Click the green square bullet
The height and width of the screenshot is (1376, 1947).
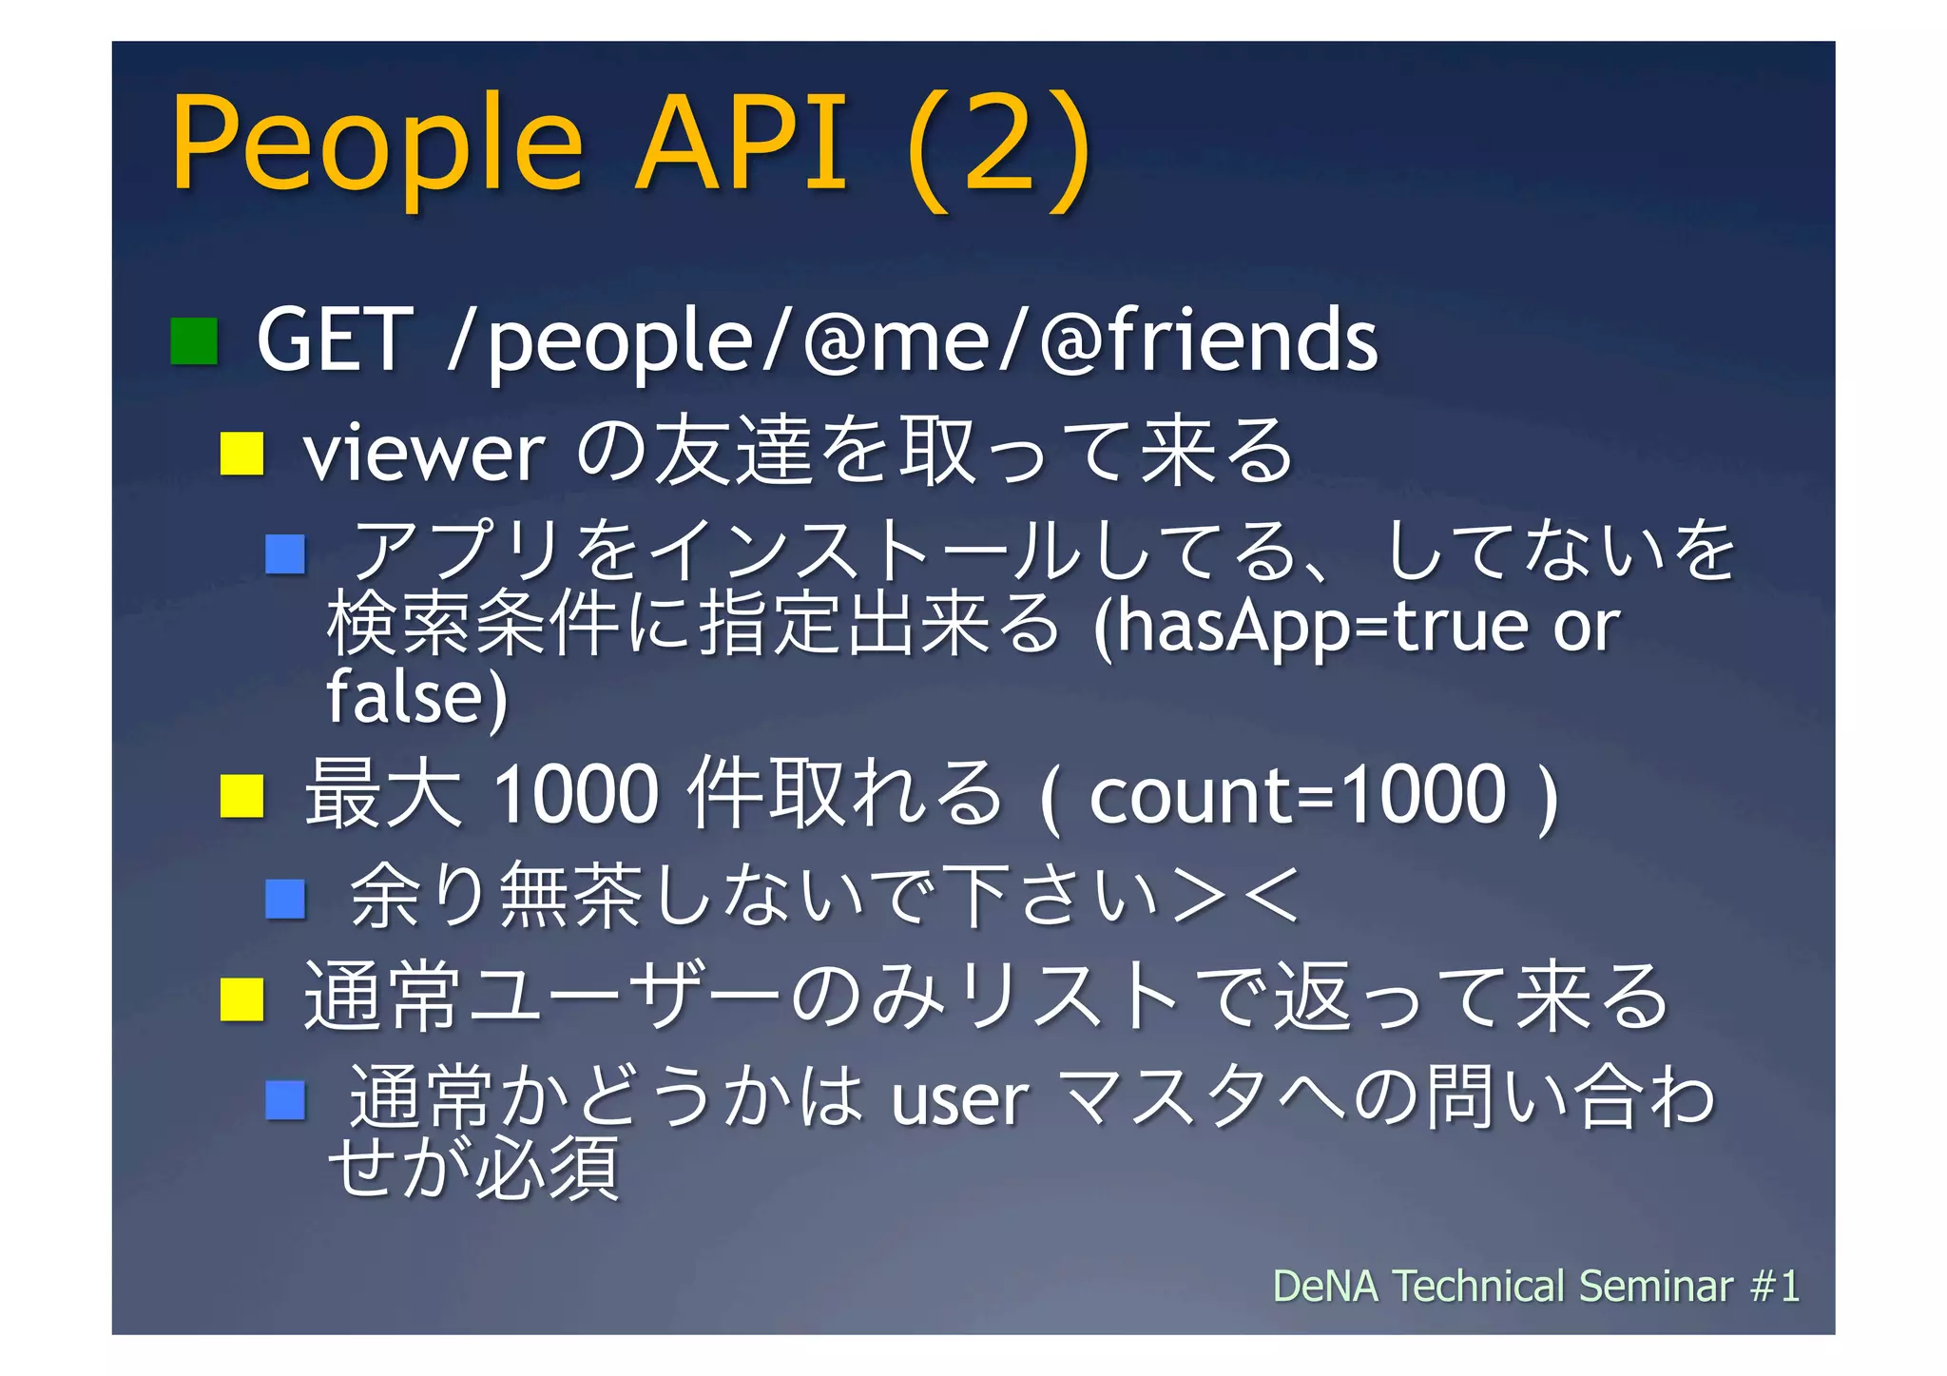pos(194,341)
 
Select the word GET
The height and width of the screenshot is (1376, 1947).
pos(335,340)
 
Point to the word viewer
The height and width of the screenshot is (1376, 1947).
pos(424,454)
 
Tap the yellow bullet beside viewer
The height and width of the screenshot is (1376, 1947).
pos(241,454)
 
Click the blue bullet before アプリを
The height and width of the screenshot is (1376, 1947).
pos(285,554)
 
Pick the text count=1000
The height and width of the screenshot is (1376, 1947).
pos(1297,795)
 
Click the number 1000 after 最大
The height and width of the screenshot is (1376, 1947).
pos(576,795)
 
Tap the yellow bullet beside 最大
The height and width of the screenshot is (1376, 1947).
pos(241,796)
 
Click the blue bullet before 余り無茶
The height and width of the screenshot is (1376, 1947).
pos(285,898)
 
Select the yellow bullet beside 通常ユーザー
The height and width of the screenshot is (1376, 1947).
pos(241,999)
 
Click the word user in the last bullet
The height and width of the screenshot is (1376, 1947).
pos(959,1100)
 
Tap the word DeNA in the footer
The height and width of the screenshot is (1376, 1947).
pos(1325,1287)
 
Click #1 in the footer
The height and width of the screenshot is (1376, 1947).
pos(1775,1287)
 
